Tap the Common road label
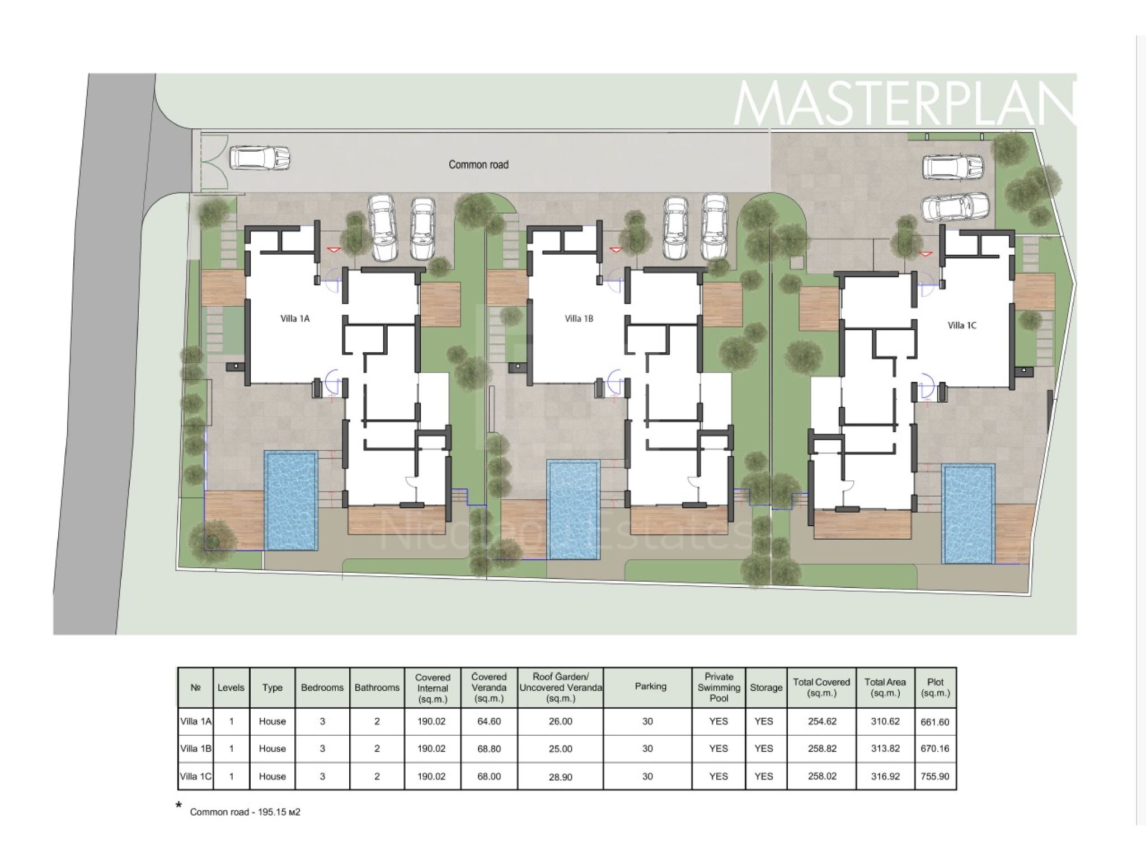coord(478,165)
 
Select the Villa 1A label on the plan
coord(295,319)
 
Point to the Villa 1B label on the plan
coord(579,319)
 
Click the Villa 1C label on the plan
coord(962,325)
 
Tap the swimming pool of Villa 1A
coord(292,500)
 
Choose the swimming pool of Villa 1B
coord(574,510)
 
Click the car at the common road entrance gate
coord(260,157)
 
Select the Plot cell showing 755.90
coord(935,777)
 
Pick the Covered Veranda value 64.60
coord(489,722)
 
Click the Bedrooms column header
coord(322,688)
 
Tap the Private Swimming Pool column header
coord(719,687)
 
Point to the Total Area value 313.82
coord(885,749)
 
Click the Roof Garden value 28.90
coord(560,777)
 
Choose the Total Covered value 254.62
coord(822,722)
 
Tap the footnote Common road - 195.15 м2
coord(245,812)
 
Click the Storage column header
coord(766,688)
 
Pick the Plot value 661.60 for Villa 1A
coord(935,722)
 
